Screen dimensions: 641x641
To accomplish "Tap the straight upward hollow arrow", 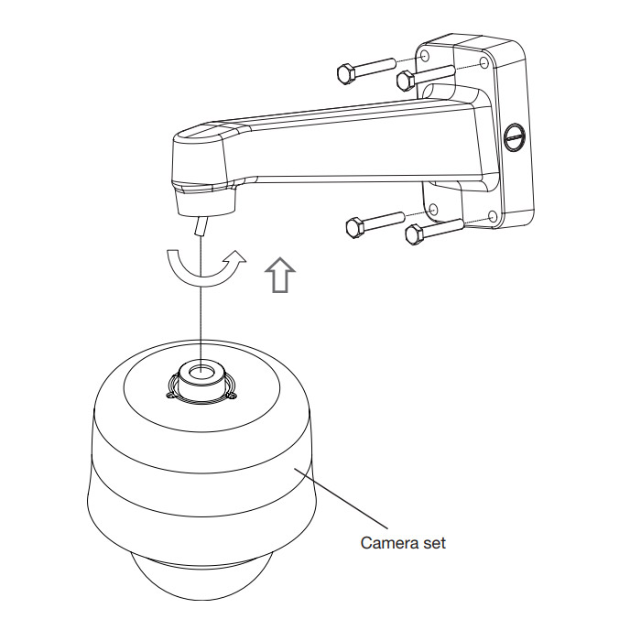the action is [280, 275].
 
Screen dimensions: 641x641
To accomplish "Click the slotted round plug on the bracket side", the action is [515, 137].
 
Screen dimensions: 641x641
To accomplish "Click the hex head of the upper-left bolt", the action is [347, 73].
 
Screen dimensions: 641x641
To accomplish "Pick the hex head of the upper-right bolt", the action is [407, 81].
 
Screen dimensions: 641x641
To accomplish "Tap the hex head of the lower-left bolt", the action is [356, 228].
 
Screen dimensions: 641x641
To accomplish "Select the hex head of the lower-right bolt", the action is [416, 234].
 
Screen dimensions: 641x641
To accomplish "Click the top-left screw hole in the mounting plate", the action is [425, 56].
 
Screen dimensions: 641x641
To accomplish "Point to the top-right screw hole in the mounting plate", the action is [484, 63].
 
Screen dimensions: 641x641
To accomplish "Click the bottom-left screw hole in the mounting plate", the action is [434, 210].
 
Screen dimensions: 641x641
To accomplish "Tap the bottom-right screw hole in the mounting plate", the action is [493, 216].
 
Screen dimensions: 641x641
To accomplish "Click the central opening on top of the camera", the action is [202, 371].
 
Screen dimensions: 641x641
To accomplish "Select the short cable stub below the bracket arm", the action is [201, 226].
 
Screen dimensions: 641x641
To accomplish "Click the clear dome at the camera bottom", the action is [201, 576].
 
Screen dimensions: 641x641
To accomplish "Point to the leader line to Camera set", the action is [341, 498].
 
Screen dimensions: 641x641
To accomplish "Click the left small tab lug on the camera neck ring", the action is [170, 395].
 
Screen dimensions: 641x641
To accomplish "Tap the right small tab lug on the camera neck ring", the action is [233, 396].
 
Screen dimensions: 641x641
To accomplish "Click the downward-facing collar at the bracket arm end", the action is [206, 201].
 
